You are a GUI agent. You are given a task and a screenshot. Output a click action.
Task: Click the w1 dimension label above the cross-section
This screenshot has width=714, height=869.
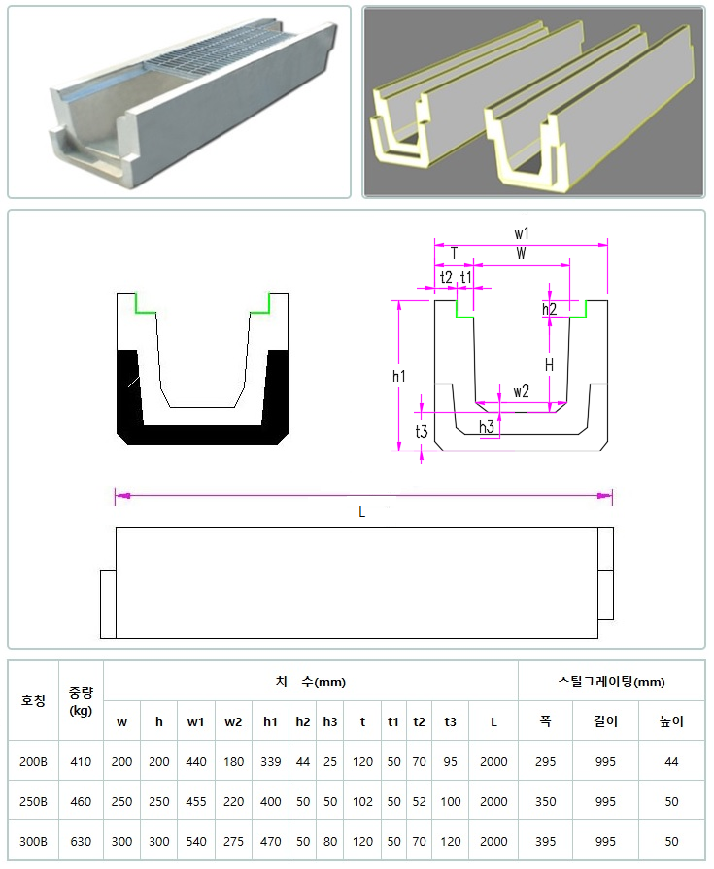(x=522, y=233)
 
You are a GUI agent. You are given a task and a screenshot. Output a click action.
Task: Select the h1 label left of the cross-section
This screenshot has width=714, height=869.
(x=399, y=376)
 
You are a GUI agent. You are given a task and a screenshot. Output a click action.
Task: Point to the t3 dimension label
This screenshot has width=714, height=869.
(x=422, y=431)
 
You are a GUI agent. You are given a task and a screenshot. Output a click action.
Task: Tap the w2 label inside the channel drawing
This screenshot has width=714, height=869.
(x=521, y=392)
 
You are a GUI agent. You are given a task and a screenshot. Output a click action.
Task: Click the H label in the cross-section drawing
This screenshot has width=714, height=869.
(x=549, y=365)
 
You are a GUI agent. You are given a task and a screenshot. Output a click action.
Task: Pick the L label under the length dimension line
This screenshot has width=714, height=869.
(x=362, y=512)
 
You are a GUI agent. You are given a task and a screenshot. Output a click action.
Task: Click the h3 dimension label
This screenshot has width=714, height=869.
(x=487, y=427)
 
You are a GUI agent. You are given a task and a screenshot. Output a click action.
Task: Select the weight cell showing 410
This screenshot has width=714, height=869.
(x=81, y=761)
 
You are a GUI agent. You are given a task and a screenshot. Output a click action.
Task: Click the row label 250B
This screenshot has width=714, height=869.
(x=33, y=801)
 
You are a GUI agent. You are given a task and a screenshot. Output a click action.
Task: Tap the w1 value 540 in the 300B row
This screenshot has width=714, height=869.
(x=196, y=841)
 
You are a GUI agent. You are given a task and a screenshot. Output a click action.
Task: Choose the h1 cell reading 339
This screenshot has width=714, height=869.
(x=270, y=761)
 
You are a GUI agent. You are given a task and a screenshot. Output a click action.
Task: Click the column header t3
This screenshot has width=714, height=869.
(x=450, y=721)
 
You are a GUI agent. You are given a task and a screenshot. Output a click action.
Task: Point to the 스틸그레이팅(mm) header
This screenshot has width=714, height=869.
(x=611, y=682)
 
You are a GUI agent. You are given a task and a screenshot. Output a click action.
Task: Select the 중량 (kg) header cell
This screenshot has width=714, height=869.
(x=81, y=701)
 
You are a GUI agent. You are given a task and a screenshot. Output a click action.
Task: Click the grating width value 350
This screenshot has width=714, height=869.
(x=546, y=801)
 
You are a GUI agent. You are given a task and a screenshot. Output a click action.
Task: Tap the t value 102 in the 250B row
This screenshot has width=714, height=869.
(x=362, y=801)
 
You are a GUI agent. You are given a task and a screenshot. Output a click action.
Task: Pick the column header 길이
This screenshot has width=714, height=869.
(x=605, y=721)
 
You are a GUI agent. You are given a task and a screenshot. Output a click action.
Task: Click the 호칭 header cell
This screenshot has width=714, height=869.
(x=33, y=700)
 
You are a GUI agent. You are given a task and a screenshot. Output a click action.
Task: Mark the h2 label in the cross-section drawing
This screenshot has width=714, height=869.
(x=550, y=309)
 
